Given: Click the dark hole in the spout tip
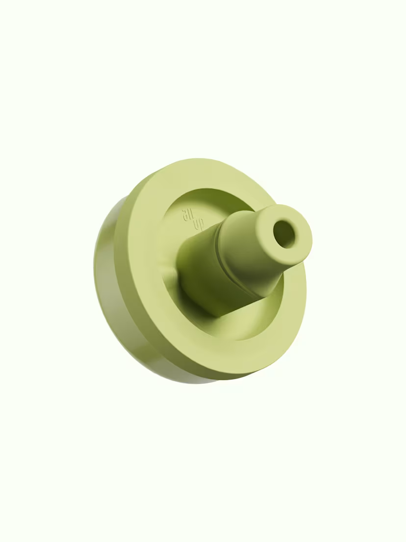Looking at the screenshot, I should pyautogui.click(x=285, y=234).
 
